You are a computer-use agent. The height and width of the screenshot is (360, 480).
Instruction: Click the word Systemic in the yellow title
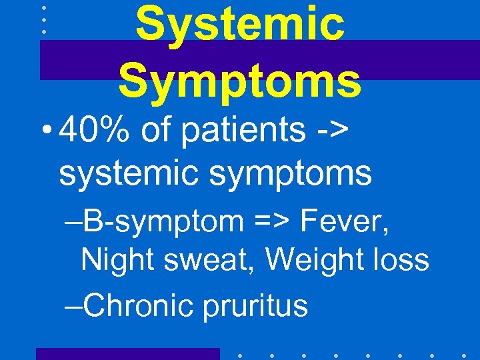point(240,25)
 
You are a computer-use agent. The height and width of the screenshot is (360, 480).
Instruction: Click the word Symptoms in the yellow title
point(240,80)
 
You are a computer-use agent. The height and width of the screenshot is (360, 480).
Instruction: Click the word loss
point(399,259)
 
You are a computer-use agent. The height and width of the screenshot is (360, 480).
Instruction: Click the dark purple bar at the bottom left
point(127,353)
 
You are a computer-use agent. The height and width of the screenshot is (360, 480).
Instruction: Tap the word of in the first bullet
point(157,132)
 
